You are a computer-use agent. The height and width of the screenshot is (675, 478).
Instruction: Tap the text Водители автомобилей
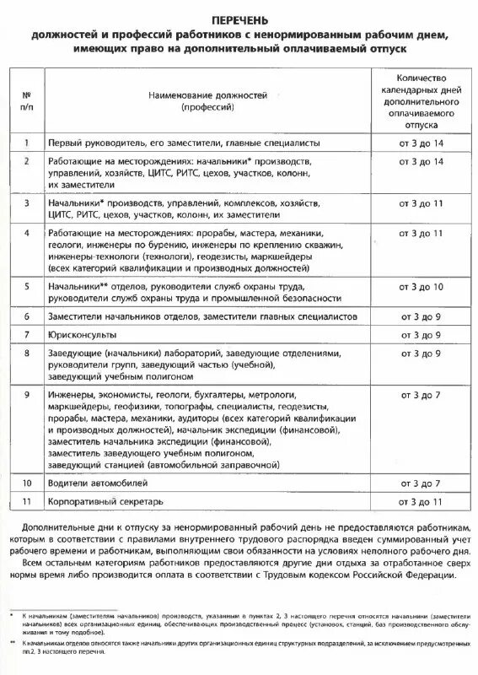[96, 483]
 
